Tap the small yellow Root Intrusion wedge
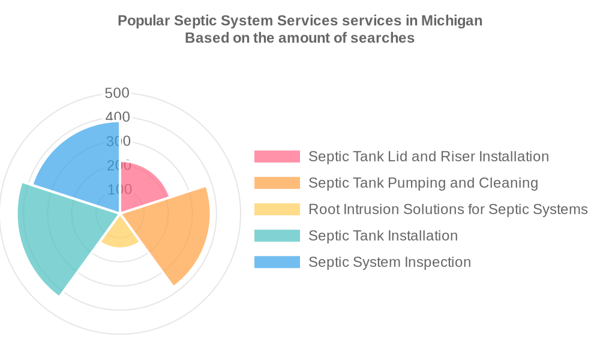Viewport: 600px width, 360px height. pos(121,236)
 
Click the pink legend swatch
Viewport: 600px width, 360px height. pos(277,157)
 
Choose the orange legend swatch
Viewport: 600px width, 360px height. pos(277,183)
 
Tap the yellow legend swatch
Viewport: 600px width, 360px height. pos(277,209)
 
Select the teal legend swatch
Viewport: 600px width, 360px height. pos(277,236)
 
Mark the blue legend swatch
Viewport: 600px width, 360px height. pos(277,262)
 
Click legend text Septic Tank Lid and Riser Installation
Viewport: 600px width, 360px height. pos(428,157)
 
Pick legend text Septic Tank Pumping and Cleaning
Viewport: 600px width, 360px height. pos(423,183)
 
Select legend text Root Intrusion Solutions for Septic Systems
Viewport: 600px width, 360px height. pos(448,209)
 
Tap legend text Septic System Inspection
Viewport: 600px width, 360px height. pos(389,262)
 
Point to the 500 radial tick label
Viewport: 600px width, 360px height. pos(117,93)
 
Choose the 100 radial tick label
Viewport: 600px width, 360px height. pos(119,190)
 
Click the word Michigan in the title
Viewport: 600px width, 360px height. pos(451,20)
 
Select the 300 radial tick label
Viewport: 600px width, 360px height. pos(118,142)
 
